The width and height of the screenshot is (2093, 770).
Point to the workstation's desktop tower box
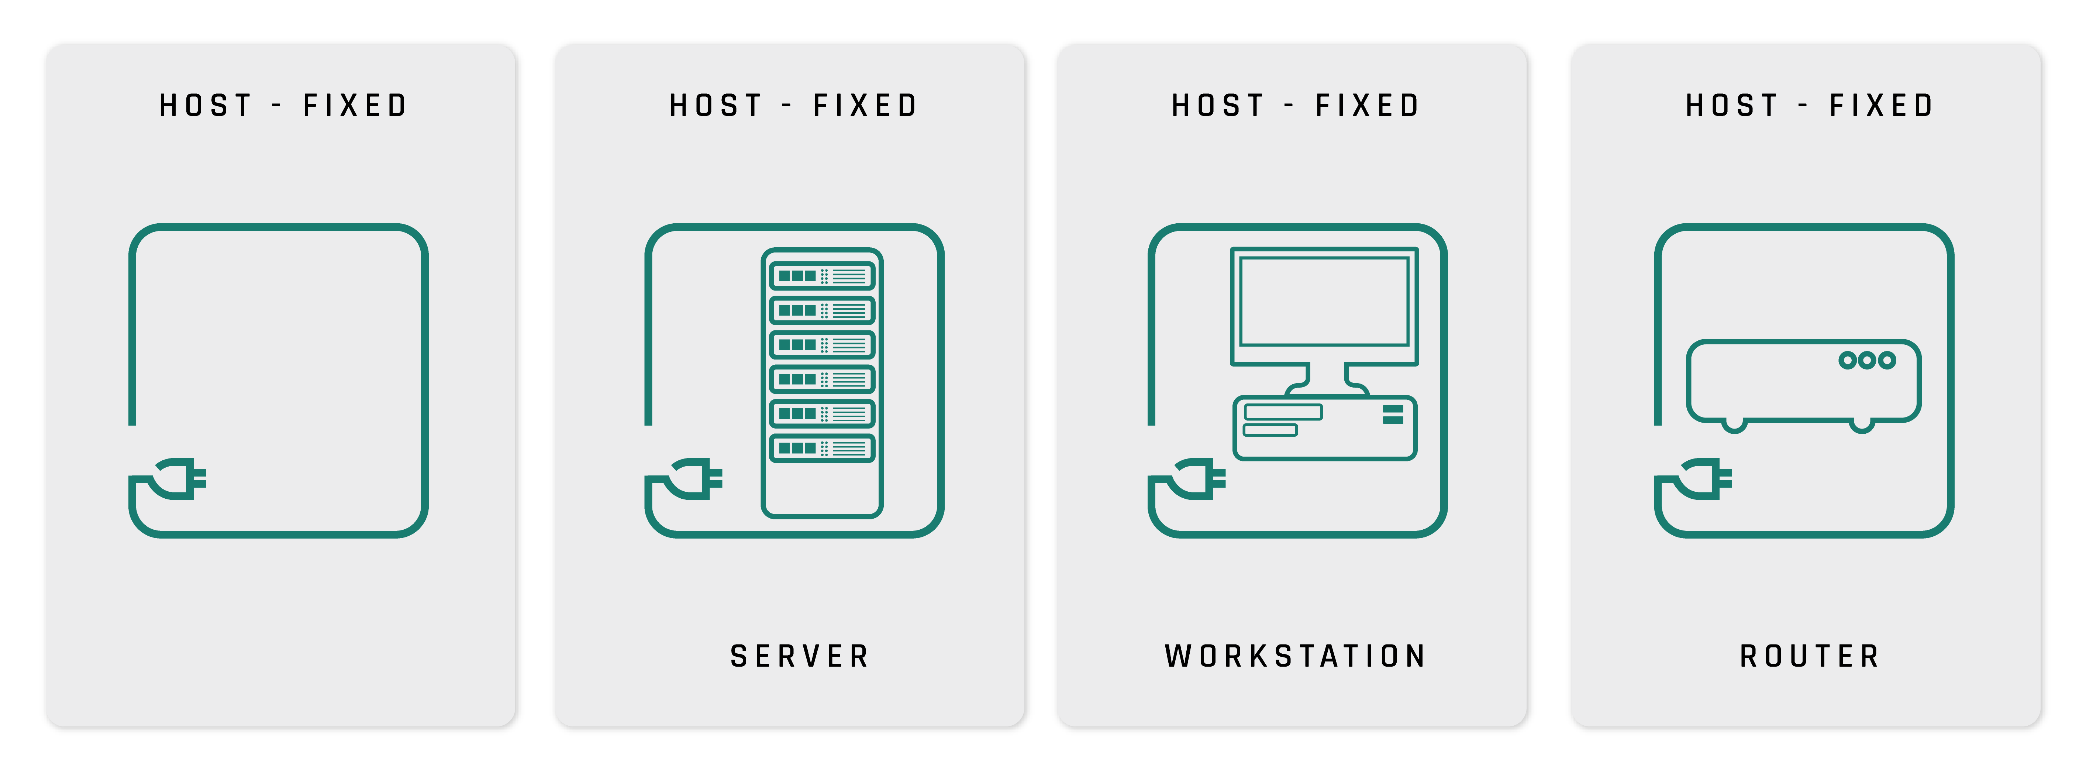pos(1324,428)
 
